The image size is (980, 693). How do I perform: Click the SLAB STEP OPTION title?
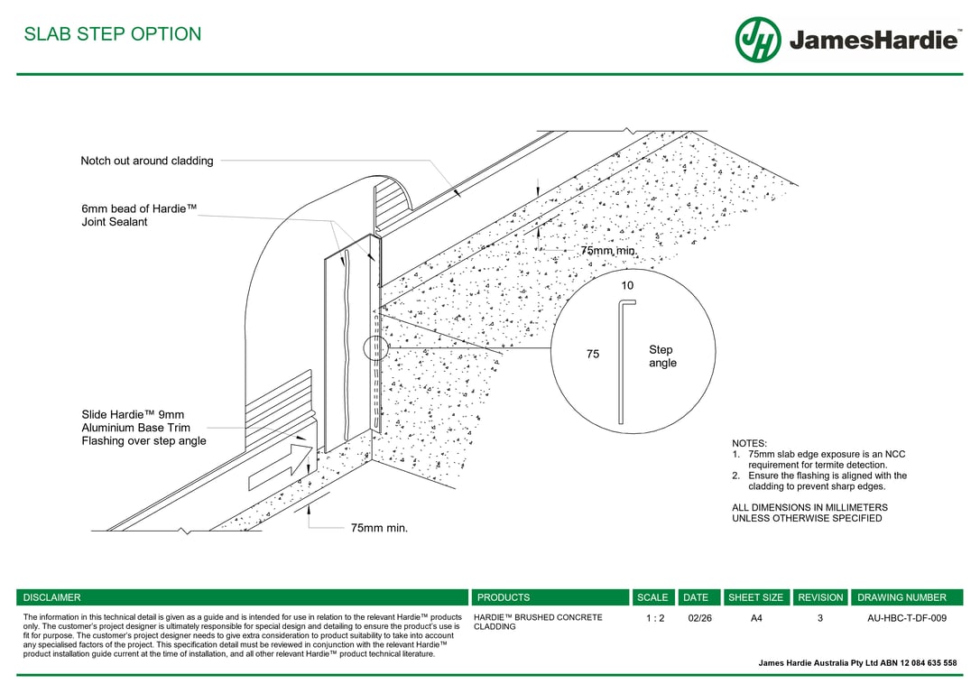113,34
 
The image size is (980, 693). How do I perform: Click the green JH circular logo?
758,40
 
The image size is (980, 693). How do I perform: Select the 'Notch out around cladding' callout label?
147,161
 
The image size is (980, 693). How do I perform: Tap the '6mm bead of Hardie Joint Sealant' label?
139,215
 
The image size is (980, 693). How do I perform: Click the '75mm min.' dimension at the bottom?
379,528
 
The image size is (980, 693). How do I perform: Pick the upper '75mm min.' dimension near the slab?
608,250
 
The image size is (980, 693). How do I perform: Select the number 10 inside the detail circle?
627,285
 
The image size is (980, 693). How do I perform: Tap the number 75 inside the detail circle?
593,355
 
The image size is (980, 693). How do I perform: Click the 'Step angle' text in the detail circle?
662,356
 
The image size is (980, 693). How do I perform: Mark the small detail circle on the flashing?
375,348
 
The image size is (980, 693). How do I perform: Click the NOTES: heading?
749,443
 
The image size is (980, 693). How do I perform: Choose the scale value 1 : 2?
655,618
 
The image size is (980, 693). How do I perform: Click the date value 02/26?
699,618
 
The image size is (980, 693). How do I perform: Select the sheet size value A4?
756,618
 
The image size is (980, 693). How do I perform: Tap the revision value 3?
820,618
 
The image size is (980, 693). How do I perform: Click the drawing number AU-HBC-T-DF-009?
906,618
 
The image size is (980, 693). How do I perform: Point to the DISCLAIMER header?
52,597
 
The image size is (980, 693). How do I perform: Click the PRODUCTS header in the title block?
504,597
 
